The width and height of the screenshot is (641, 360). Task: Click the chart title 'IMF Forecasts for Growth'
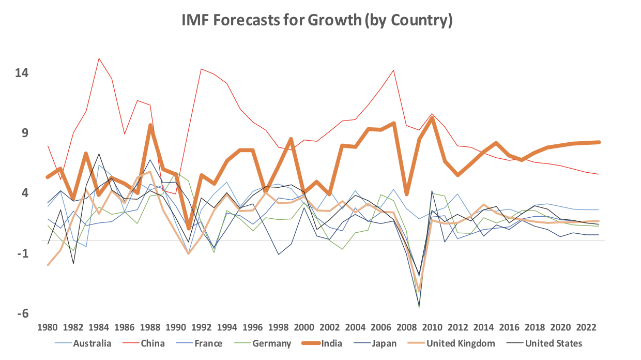coord(317,20)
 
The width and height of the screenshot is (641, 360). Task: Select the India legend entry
coord(331,343)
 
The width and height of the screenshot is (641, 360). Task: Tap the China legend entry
coord(152,343)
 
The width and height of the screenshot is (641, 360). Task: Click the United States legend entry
coord(554,343)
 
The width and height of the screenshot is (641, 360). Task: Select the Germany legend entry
coord(271,343)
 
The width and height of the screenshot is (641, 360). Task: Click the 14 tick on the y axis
coord(21,72)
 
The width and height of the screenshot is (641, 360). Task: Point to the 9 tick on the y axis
coord(24,133)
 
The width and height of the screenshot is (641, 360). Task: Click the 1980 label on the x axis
coord(48,327)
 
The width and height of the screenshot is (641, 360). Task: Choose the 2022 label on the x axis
coord(586,327)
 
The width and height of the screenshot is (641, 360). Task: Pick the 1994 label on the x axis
coord(227,327)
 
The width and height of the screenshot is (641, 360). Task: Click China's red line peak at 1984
coord(99,58)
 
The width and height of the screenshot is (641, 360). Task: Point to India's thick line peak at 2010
coord(432,118)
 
